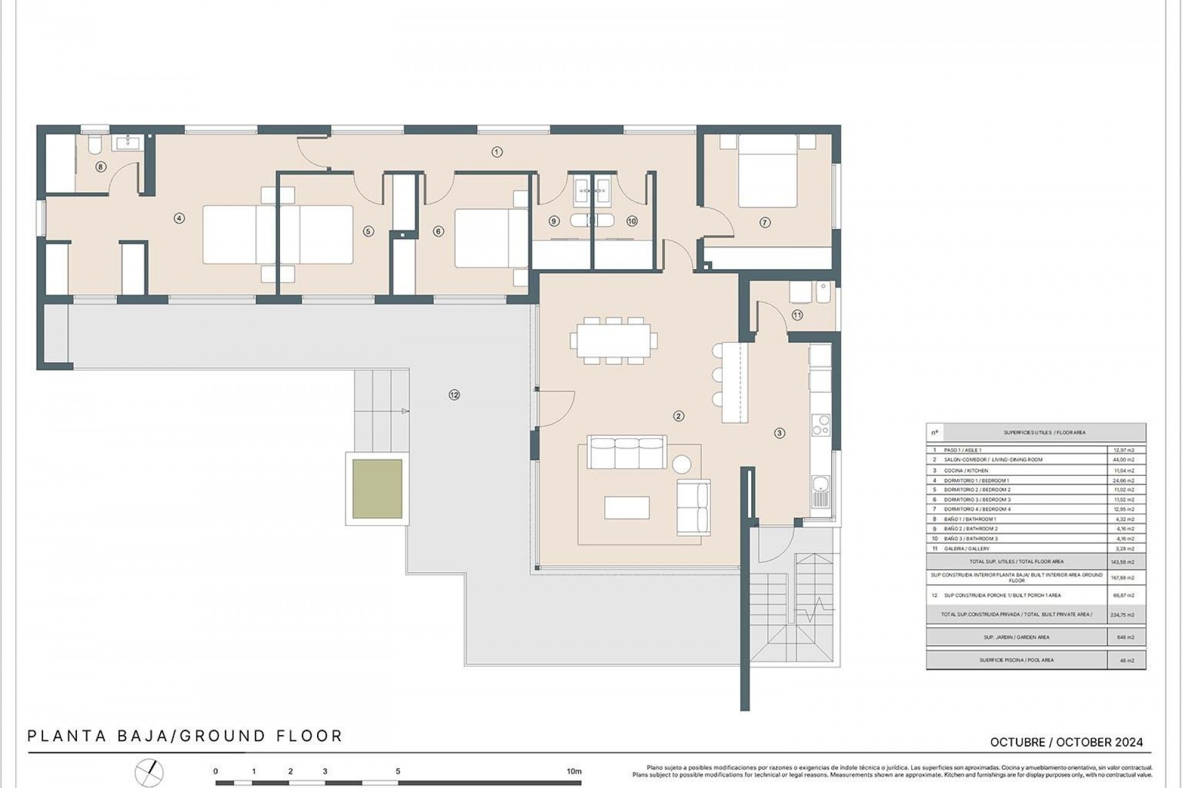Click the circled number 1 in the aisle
coord(497,152)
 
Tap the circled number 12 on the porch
coord(454,395)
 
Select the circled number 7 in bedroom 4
coord(765,223)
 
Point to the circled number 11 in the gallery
coord(797,315)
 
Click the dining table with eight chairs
coord(614,340)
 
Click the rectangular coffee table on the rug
coord(627,507)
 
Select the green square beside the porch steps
coord(377,489)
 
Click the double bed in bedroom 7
coord(767,171)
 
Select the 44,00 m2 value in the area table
coord(1125,460)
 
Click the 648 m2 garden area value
coord(1125,637)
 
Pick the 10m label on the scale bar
coord(574,771)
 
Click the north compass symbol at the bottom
coord(150,772)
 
